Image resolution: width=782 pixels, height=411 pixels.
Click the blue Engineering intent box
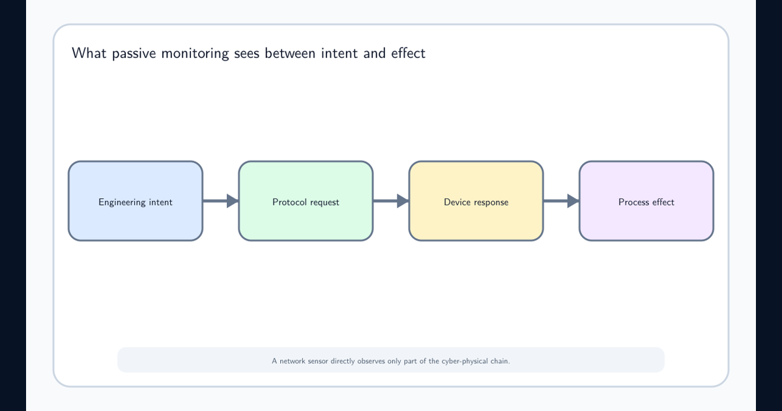[x=136, y=201]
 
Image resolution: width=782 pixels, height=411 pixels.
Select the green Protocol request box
[x=306, y=201]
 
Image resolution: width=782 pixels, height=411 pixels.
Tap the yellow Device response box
[x=476, y=201]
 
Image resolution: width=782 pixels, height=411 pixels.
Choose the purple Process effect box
[x=646, y=201]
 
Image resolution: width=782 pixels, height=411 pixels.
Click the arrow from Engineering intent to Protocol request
[x=221, y=201]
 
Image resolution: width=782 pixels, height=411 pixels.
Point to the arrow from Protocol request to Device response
[x=391, y=201]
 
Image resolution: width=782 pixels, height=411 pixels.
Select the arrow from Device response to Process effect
[x=561, y=201]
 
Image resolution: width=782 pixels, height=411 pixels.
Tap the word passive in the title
[x=134, y=53]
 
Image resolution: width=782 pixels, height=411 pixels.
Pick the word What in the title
[x=89, y=53]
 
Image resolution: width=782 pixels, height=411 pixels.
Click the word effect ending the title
[x=408, y=53]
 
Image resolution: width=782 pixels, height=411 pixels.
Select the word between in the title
[x=290, y=53]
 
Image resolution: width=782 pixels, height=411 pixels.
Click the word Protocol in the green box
[x=287, y=202]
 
